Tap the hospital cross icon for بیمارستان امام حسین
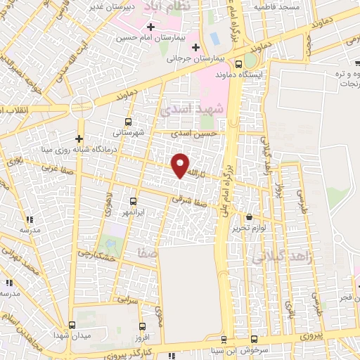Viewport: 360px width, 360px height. pyautogui.click(x=150, y=27)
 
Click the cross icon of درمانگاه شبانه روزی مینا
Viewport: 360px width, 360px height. pyautogui.click(x=79, y=138)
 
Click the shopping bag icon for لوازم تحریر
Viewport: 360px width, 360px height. pyautogui.click(x=250, y=217)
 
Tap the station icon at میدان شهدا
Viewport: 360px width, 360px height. pyautogui.click(x=72, y=325)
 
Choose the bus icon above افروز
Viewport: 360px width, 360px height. pyautogui.click(x=143, y=326)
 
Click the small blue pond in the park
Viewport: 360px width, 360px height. pyautogui.click(x=213, y=37)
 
